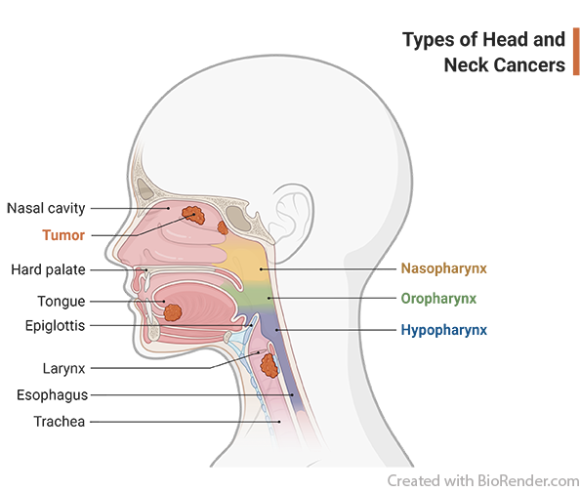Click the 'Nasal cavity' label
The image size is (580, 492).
pos(46,208)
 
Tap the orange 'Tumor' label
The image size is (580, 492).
pos(63,235)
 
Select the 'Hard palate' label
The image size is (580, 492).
pos(48,269)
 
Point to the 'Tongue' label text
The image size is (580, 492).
pos(62,301)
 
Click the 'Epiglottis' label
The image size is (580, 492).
pos(55,325)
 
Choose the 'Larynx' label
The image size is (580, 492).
pos(64,368)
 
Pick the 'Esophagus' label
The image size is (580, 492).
pos(52,395)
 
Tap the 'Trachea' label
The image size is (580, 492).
pos(60,422)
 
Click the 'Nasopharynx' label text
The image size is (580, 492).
pos(444,268)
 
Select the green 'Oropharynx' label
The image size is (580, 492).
pos(438,299)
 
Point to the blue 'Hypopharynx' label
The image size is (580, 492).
pos(444,330)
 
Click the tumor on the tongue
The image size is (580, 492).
pos(173,312)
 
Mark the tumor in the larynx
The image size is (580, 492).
pos(269,365)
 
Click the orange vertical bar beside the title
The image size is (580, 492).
pos(576,52)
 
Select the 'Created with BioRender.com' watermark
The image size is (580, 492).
pos(483,481)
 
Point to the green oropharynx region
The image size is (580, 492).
pos(253,294)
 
